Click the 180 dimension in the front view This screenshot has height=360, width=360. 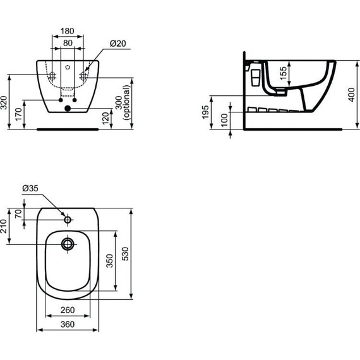pos(67,30)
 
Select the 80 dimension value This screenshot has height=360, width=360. pos(67,43)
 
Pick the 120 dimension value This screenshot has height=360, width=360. pos(105,118)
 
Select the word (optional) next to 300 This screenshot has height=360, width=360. pos(128,104)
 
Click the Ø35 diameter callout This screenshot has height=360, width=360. pos(30,188)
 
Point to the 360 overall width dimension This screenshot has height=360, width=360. pos(68,324)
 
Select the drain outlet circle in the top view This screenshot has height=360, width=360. pos(68,243)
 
